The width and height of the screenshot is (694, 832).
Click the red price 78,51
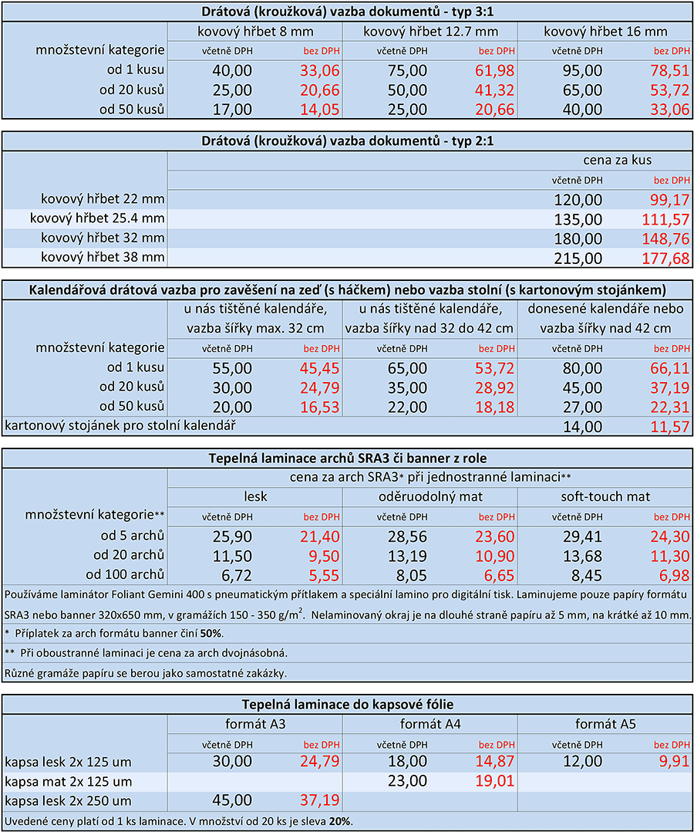(669, 70)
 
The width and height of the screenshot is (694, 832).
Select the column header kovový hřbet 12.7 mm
(430, 32)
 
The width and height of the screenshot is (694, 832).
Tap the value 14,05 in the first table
(320, 110)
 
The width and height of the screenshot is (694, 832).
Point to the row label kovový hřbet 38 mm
(103, 257)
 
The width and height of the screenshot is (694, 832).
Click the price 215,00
(578, 259)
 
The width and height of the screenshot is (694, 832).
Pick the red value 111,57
(666, 219)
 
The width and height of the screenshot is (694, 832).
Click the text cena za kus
(618, 161)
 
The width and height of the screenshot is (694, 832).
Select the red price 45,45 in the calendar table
(320, 368)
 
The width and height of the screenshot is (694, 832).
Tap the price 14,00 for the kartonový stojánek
(583, 427)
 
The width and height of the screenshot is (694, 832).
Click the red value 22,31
(669, 407)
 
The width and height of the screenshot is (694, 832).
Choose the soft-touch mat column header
(605, 497)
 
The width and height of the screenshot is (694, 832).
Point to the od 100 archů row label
(125, 574)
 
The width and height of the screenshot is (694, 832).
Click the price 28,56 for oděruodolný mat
(407, 536)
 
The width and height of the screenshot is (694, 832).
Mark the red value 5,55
(324, 576)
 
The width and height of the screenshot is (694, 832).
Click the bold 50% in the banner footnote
(211, 634)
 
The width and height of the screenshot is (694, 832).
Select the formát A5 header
(605, 724)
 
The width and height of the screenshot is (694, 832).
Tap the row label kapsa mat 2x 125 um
(69, 781)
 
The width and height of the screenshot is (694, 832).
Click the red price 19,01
(494, 781)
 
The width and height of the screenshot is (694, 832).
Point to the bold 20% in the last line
(340, 821)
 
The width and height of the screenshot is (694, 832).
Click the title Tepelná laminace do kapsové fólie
(348, 704)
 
